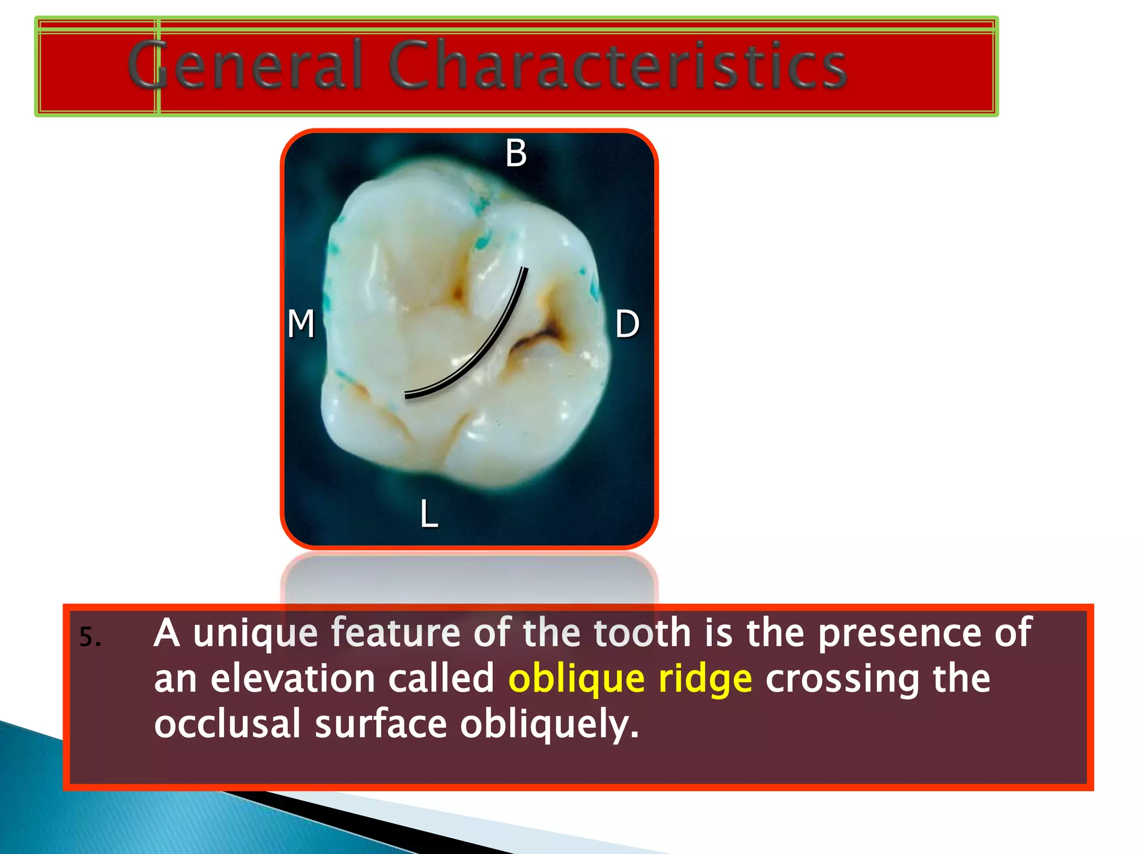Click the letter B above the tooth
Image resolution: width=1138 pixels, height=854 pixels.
click(x=516, y=153)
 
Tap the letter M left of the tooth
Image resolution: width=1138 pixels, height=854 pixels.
click(x=301, y=324)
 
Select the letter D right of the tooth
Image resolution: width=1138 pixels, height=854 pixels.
click(x=627, y=324)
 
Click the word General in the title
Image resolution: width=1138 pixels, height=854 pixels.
click(x=245, y=65)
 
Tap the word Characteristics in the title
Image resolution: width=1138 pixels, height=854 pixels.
click(x=617, y=65)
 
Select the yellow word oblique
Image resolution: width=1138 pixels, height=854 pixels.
click(x=576, y=679)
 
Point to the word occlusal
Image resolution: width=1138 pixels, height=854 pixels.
click(x=227, y=724)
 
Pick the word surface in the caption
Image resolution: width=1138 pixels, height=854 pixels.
click(x=381, y=724)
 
